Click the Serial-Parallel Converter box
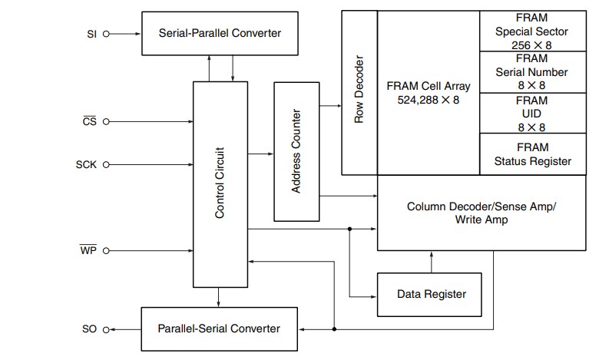point(220,33)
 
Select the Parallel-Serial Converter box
point(219,328)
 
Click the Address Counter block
point(296,150)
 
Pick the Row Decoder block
point(359,93)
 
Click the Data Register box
point(430,294)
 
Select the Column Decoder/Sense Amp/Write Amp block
point(480,213)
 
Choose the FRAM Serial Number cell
point(531,71)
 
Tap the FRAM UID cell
point(531,114)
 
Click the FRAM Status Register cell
point(531,154)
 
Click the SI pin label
point(93,34)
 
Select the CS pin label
point(89,121)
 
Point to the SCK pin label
point(87,165)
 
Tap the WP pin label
point(88,251)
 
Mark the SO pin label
point(89,329)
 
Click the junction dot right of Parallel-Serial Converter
point(334,329)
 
